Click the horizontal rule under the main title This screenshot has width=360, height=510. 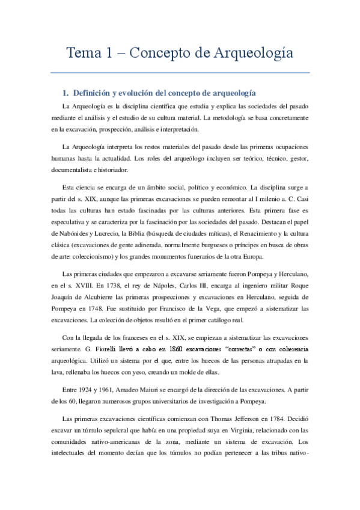pos(180,73)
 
